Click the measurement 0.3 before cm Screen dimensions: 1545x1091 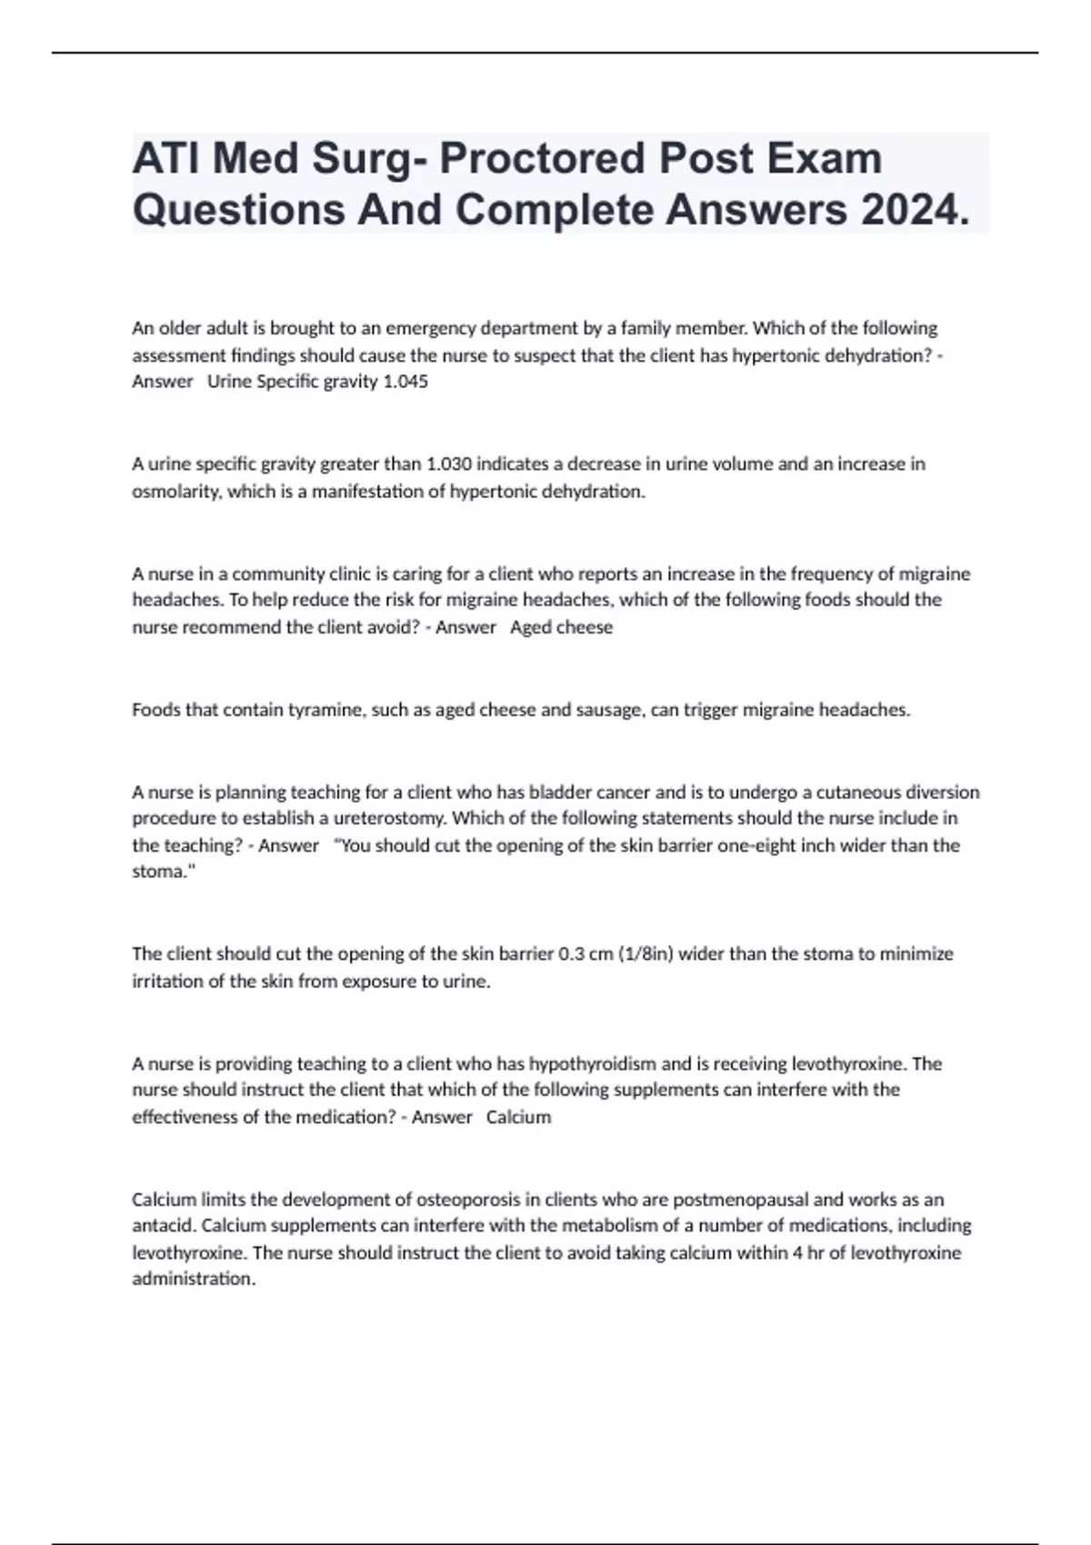pyautogui.click(x=571, y=954)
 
